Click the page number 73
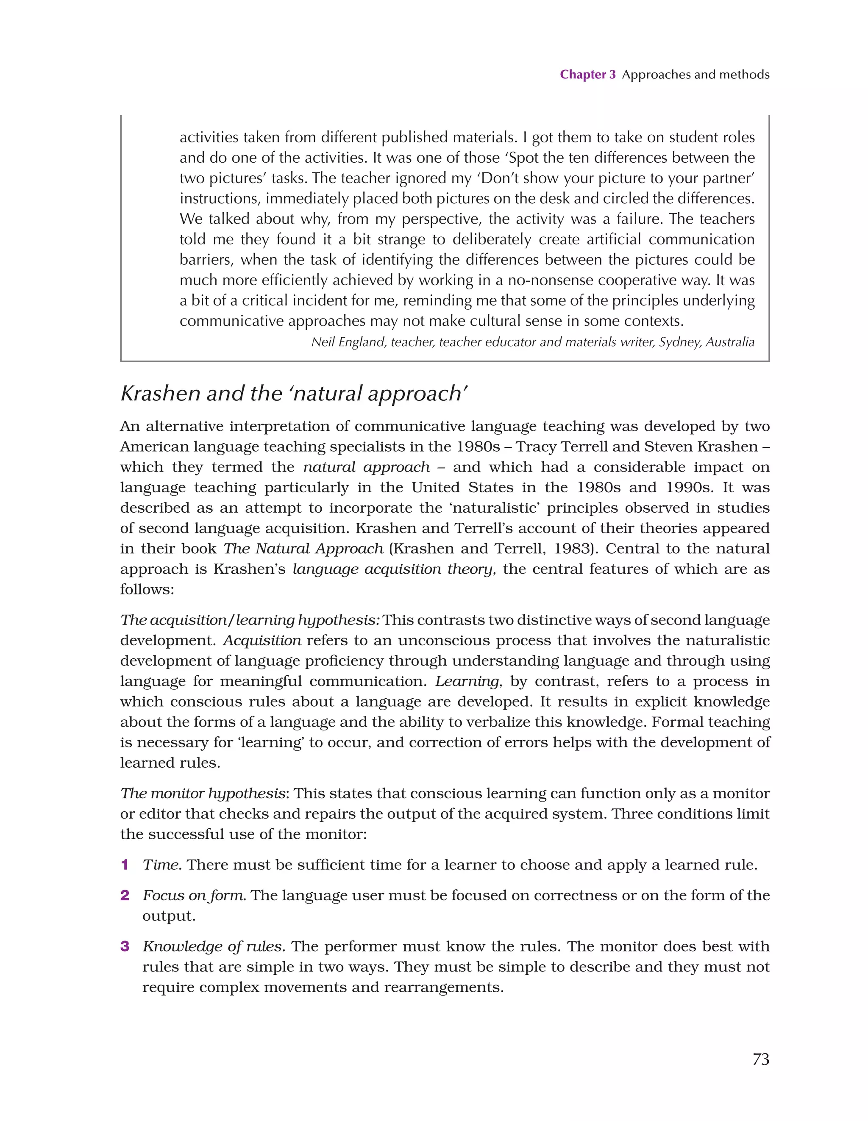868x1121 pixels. (761, 1059)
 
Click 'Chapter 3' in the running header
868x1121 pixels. (587, 75)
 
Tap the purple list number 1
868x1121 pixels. (124, 865)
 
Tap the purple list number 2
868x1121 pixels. (124, 896)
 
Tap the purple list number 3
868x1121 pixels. (124, 946)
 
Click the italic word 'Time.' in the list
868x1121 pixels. (162, 865)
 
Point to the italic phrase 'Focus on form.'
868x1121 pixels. (194, 896)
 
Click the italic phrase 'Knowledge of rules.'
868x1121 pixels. (214, 946)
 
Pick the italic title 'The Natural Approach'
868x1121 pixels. (303, 549)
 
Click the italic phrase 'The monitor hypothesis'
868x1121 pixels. (202, 794)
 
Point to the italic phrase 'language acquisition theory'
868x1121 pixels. (392, 569)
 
